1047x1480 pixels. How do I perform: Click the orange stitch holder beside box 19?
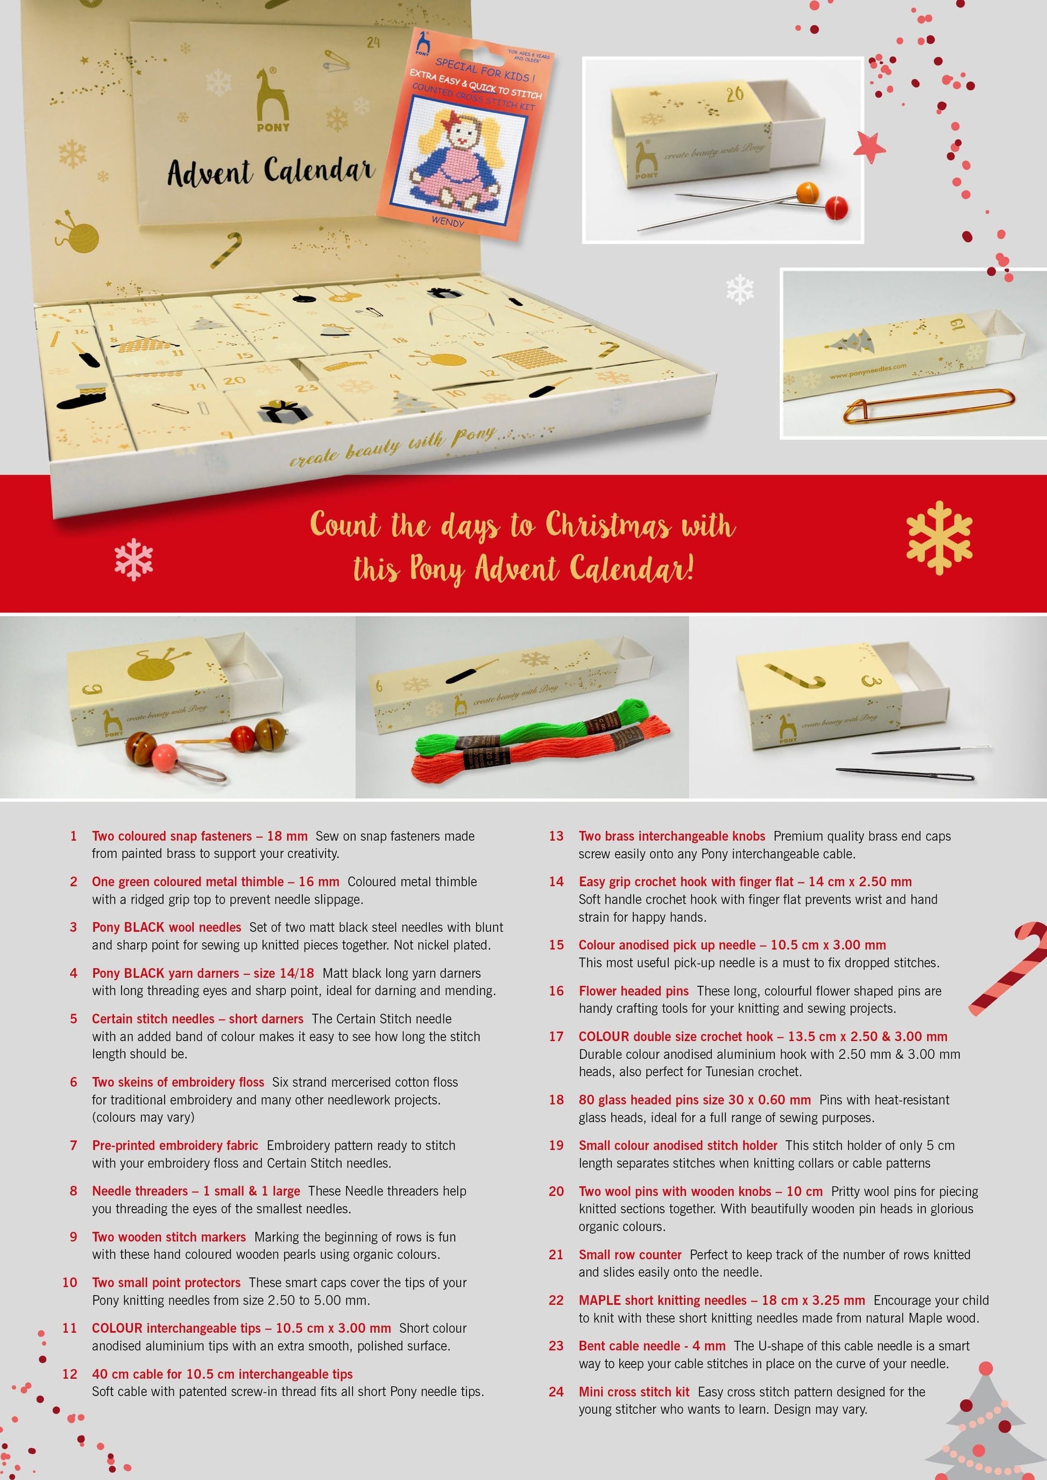[x=929, y=404]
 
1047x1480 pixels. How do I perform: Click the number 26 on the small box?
[x=735, y=94]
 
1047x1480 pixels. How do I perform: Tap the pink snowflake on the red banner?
[x=133, y=559]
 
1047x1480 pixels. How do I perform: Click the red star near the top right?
[x=869, y=147]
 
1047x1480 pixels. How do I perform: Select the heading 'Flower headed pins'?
[x=633, y=990]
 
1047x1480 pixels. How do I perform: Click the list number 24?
[x=556, y=1391]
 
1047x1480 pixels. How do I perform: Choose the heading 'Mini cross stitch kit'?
[x=634, y=1391]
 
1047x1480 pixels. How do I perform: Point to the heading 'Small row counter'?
[x=630, y=1254]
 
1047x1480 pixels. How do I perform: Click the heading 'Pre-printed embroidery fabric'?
[x=175, y=1145]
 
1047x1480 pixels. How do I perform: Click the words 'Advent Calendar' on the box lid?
[x=271, y=172]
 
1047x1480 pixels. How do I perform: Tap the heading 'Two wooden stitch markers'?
[x=169, y=1236]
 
